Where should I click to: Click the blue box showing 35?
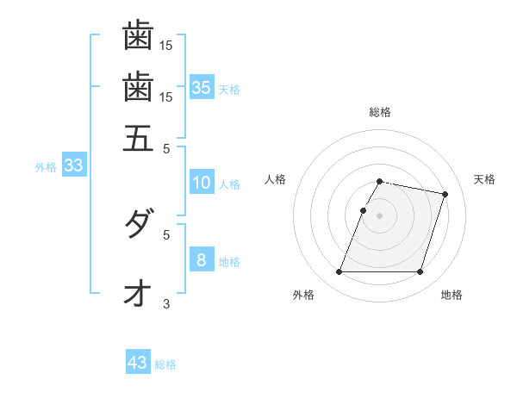(x=202, y=87)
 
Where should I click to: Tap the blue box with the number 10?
(x=202, y=183)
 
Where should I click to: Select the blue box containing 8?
(x=201, y=260)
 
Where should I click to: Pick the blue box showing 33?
(x=73, y=166)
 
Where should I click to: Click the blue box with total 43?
(x=138, y=363)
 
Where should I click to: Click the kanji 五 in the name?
(x=138, y=137)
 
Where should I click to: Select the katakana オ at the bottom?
(x=137, y=294)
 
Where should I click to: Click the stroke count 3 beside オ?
(x=167, y=302)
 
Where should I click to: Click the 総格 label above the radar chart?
(x=380, y=112)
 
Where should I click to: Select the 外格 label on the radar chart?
(x=303, y=295)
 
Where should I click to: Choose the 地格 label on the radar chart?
(x=452, y=295)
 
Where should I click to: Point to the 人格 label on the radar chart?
(x=275, y=179)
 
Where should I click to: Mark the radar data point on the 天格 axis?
(x=445, y=195)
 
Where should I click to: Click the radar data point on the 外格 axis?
(x=339, y=272)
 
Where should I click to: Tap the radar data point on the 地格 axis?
(x=420, y=272)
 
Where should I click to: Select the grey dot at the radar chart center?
(x=380, y=215)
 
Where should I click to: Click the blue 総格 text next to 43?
(x=165, y=364)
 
